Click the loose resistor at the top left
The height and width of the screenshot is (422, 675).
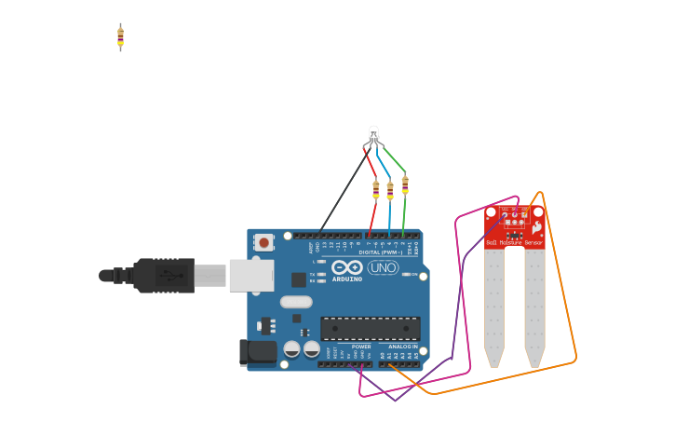tap(120, 36)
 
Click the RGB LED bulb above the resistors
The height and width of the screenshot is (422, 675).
tap(373, 134)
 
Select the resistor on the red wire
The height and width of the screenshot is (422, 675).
tap(375, 190)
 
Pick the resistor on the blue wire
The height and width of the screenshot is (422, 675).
tap(390, 190)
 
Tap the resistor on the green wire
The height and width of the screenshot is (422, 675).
tap(404, 184)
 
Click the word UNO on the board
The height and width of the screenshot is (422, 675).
tap(383, 268)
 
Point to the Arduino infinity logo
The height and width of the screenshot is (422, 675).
tap(346, 268)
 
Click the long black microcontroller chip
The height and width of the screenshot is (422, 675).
tap(370, 328)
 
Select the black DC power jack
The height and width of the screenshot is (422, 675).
tap(258, 352)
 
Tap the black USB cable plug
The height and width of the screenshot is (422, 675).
tap(163, 275)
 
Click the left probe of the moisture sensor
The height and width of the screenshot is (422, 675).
tap(494, 307)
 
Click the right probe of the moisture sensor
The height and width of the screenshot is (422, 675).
tap(534, 307)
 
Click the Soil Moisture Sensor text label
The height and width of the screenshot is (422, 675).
tap(514, 243)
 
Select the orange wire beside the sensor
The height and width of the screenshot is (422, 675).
tap(570, 317)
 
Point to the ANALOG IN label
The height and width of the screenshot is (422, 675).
tap(402, 346)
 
